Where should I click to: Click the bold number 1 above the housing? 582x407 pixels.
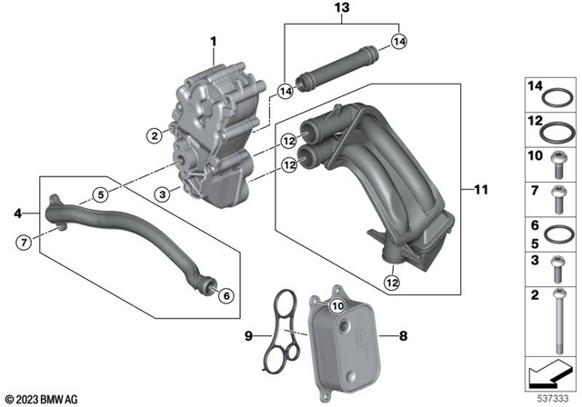coord(215,42)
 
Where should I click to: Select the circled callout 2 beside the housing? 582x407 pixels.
coord(156,136)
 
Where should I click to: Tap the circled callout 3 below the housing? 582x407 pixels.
coord(160,194)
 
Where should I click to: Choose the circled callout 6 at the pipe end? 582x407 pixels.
coord(226,293)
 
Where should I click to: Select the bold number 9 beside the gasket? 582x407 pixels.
coord(246,335)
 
